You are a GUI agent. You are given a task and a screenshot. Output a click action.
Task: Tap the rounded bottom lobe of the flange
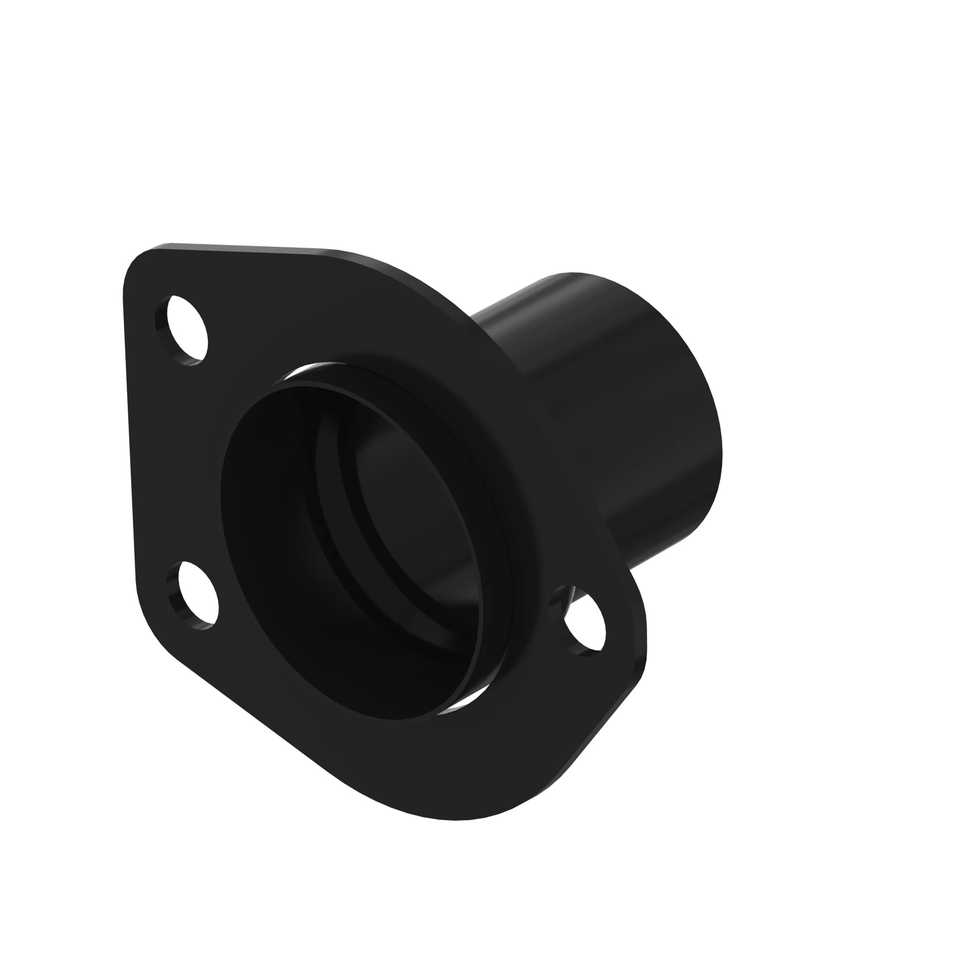448,802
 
